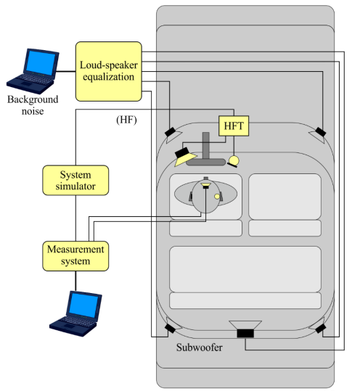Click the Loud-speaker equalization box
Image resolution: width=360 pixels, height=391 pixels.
click(x=109, y=71)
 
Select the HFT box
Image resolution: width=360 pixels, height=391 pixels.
click(x=234, y=126)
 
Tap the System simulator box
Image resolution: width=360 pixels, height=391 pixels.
click(x=75, y=180)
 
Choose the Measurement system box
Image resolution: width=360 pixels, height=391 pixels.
click(x=75, y=256)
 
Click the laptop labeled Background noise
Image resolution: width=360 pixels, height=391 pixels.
click(x=33, y=71)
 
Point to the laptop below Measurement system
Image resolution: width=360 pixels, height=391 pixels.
click(x=75, y=313)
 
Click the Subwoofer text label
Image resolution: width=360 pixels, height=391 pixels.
click(x=199, y=347)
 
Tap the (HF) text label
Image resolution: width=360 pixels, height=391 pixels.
click(x=126, y=120)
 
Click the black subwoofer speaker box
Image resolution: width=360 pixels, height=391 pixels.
click(x=245, y=333)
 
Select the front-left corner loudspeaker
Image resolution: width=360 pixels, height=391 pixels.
click(x=171, y=133)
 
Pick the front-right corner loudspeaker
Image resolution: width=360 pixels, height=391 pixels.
click(x=319, y=133)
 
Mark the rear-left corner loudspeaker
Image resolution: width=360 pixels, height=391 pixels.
click(x=171, y=327)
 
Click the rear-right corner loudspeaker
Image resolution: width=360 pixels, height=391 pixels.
click(x=319, y=327)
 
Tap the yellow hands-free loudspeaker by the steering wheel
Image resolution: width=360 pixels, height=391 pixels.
click(x=184, y=157)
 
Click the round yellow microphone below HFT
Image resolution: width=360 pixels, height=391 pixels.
click(x=234, y=161)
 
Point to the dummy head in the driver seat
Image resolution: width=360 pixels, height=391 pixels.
click(x=205, y=194)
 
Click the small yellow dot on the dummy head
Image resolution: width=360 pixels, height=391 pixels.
click(x=217, y=197)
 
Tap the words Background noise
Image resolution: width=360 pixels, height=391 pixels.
click(x=33, y=105)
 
